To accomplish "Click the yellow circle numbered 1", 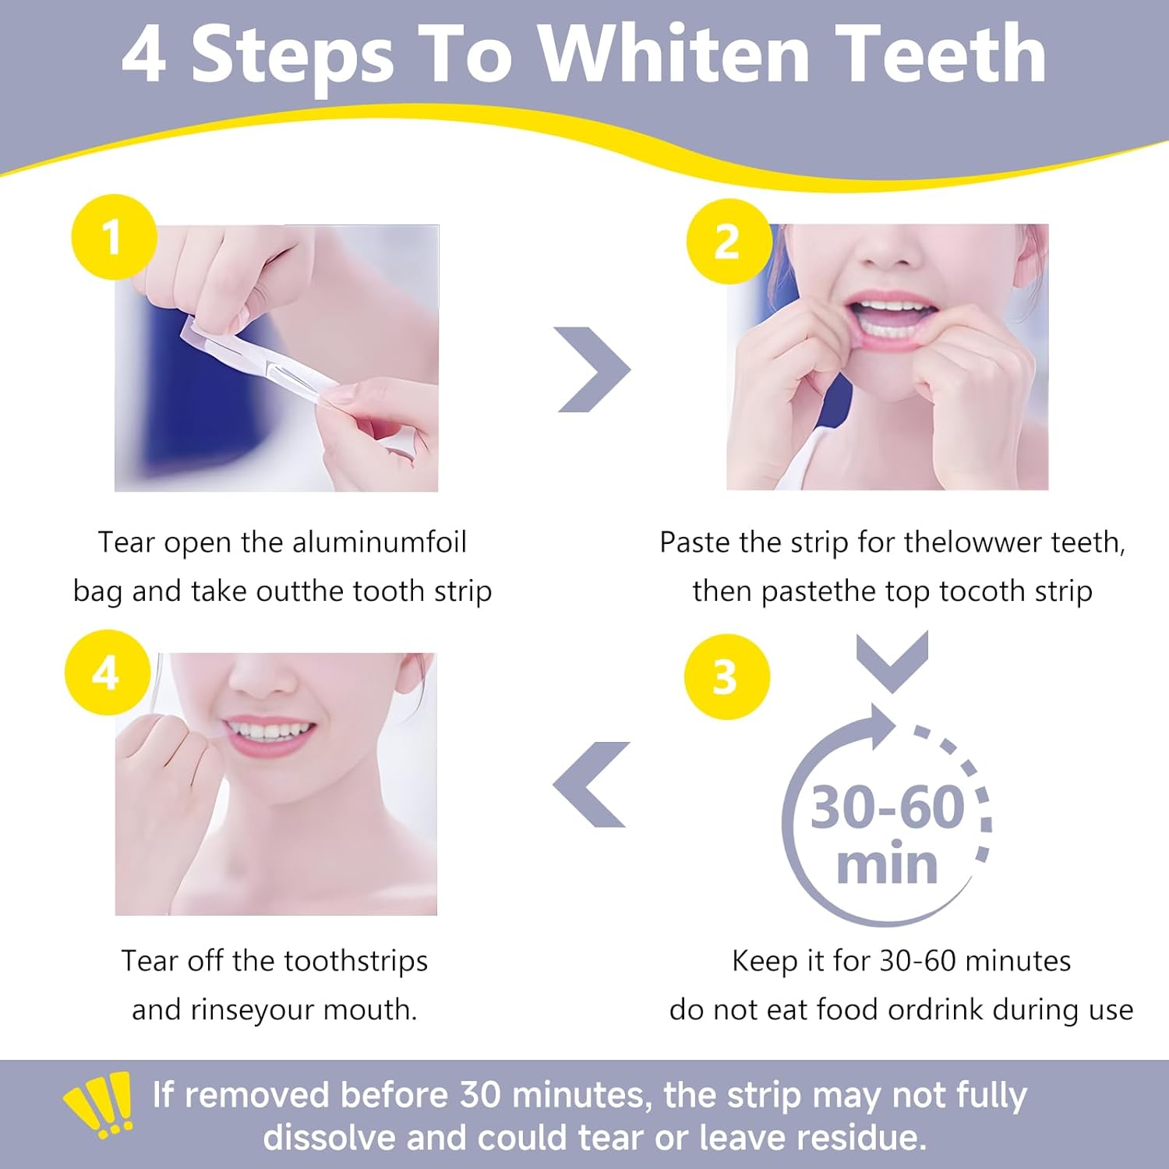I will [114, 237].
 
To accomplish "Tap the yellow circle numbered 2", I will [728, 242].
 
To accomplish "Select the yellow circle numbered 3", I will [726, 676].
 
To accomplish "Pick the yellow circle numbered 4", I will [107, 673].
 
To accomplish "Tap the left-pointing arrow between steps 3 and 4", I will [592, 784].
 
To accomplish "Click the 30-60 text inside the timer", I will [888, 807].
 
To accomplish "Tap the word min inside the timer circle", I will [887, 865].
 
